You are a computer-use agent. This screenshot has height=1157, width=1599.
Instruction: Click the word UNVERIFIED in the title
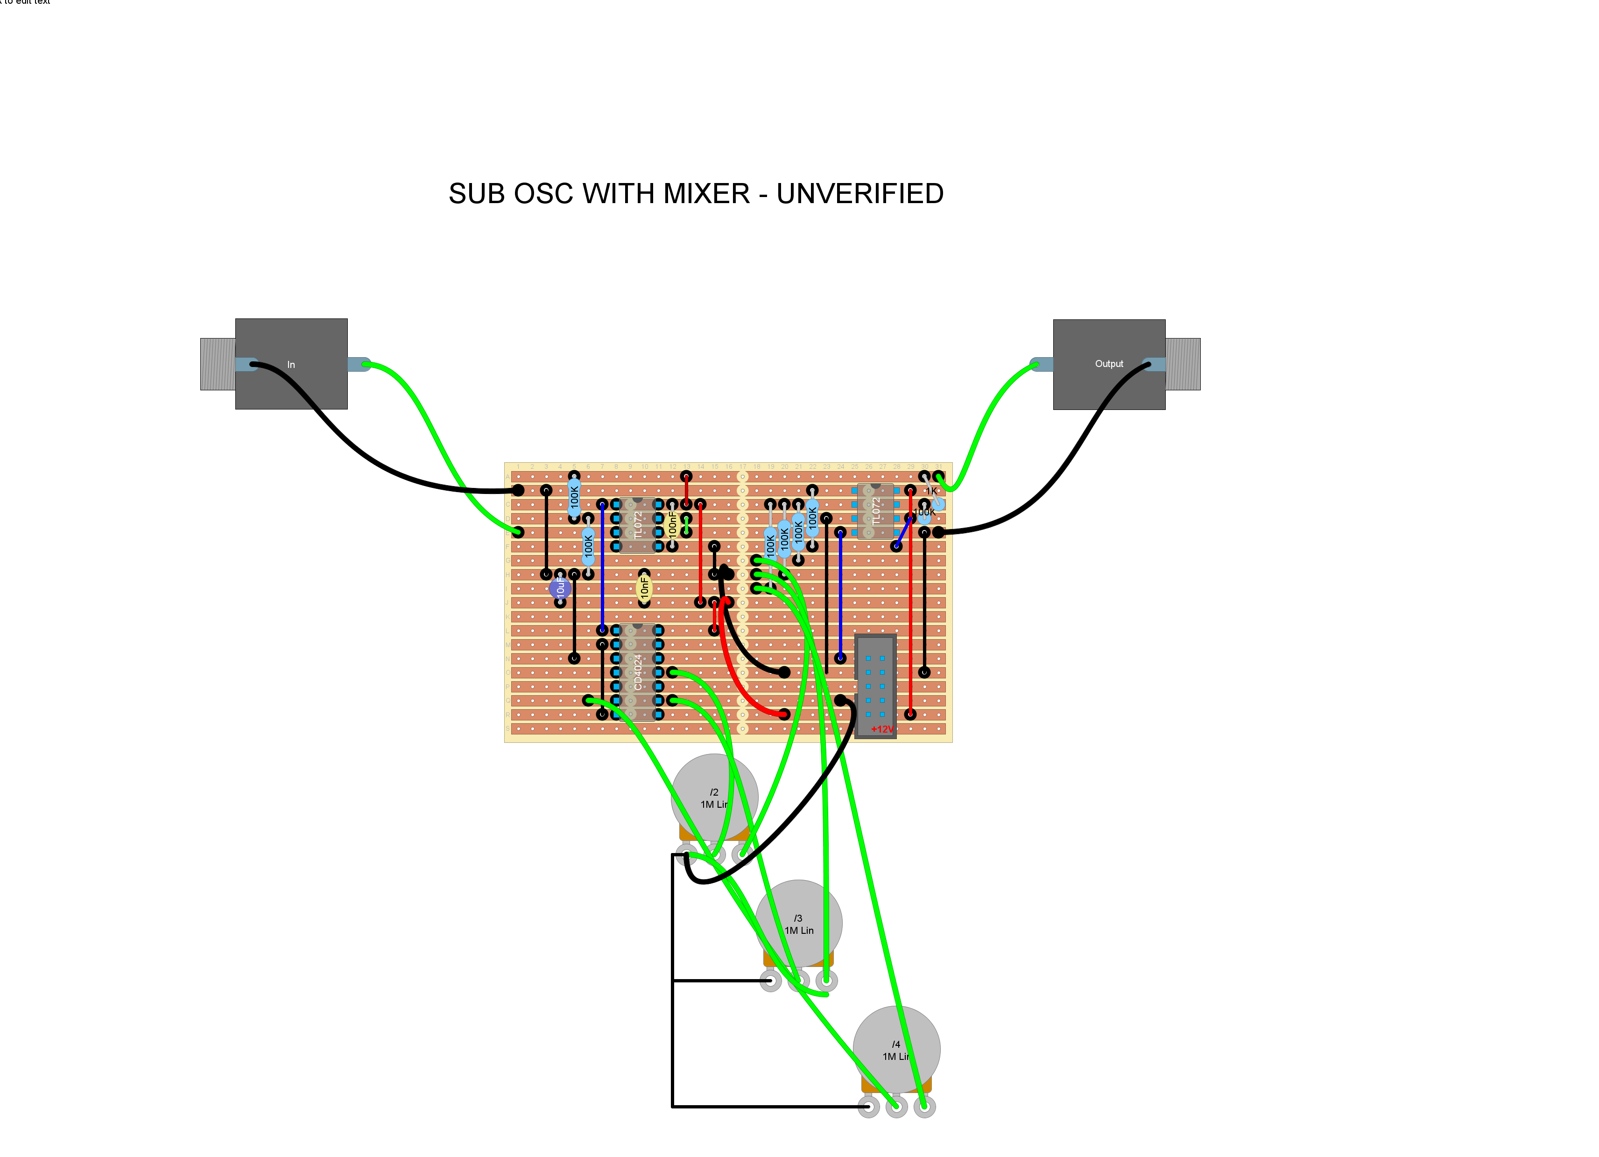pyautogui.click(x=859, y=194)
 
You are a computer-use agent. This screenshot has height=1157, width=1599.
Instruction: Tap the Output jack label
pyautogui.click(x=1108, y=364)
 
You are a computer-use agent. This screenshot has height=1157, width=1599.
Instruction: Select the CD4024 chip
pyautogui.click(x=637, y=672)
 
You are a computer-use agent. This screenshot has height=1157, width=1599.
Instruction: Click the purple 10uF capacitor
pyautogui.click(x=560, y=587)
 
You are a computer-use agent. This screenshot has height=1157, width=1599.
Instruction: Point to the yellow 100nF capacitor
pyautogui.click(x=672, y=524)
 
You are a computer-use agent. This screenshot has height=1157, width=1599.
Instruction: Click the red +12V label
pyautogui.click(x=881, y=729)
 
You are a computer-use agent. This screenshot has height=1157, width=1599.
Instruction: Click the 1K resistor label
pyautogui.click(x=931, y=491)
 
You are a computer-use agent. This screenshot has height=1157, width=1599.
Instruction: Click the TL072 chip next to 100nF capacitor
pyautogui.click(x=637, y=525)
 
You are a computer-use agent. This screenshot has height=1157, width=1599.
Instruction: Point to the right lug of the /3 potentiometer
pyautogui.click(x=826, y=981)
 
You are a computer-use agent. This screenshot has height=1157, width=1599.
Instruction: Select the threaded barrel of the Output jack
pyautogui.click(x=1183, y=364)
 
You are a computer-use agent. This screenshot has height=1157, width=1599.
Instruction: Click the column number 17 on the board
pyautogui.click(x=742, y=467)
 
